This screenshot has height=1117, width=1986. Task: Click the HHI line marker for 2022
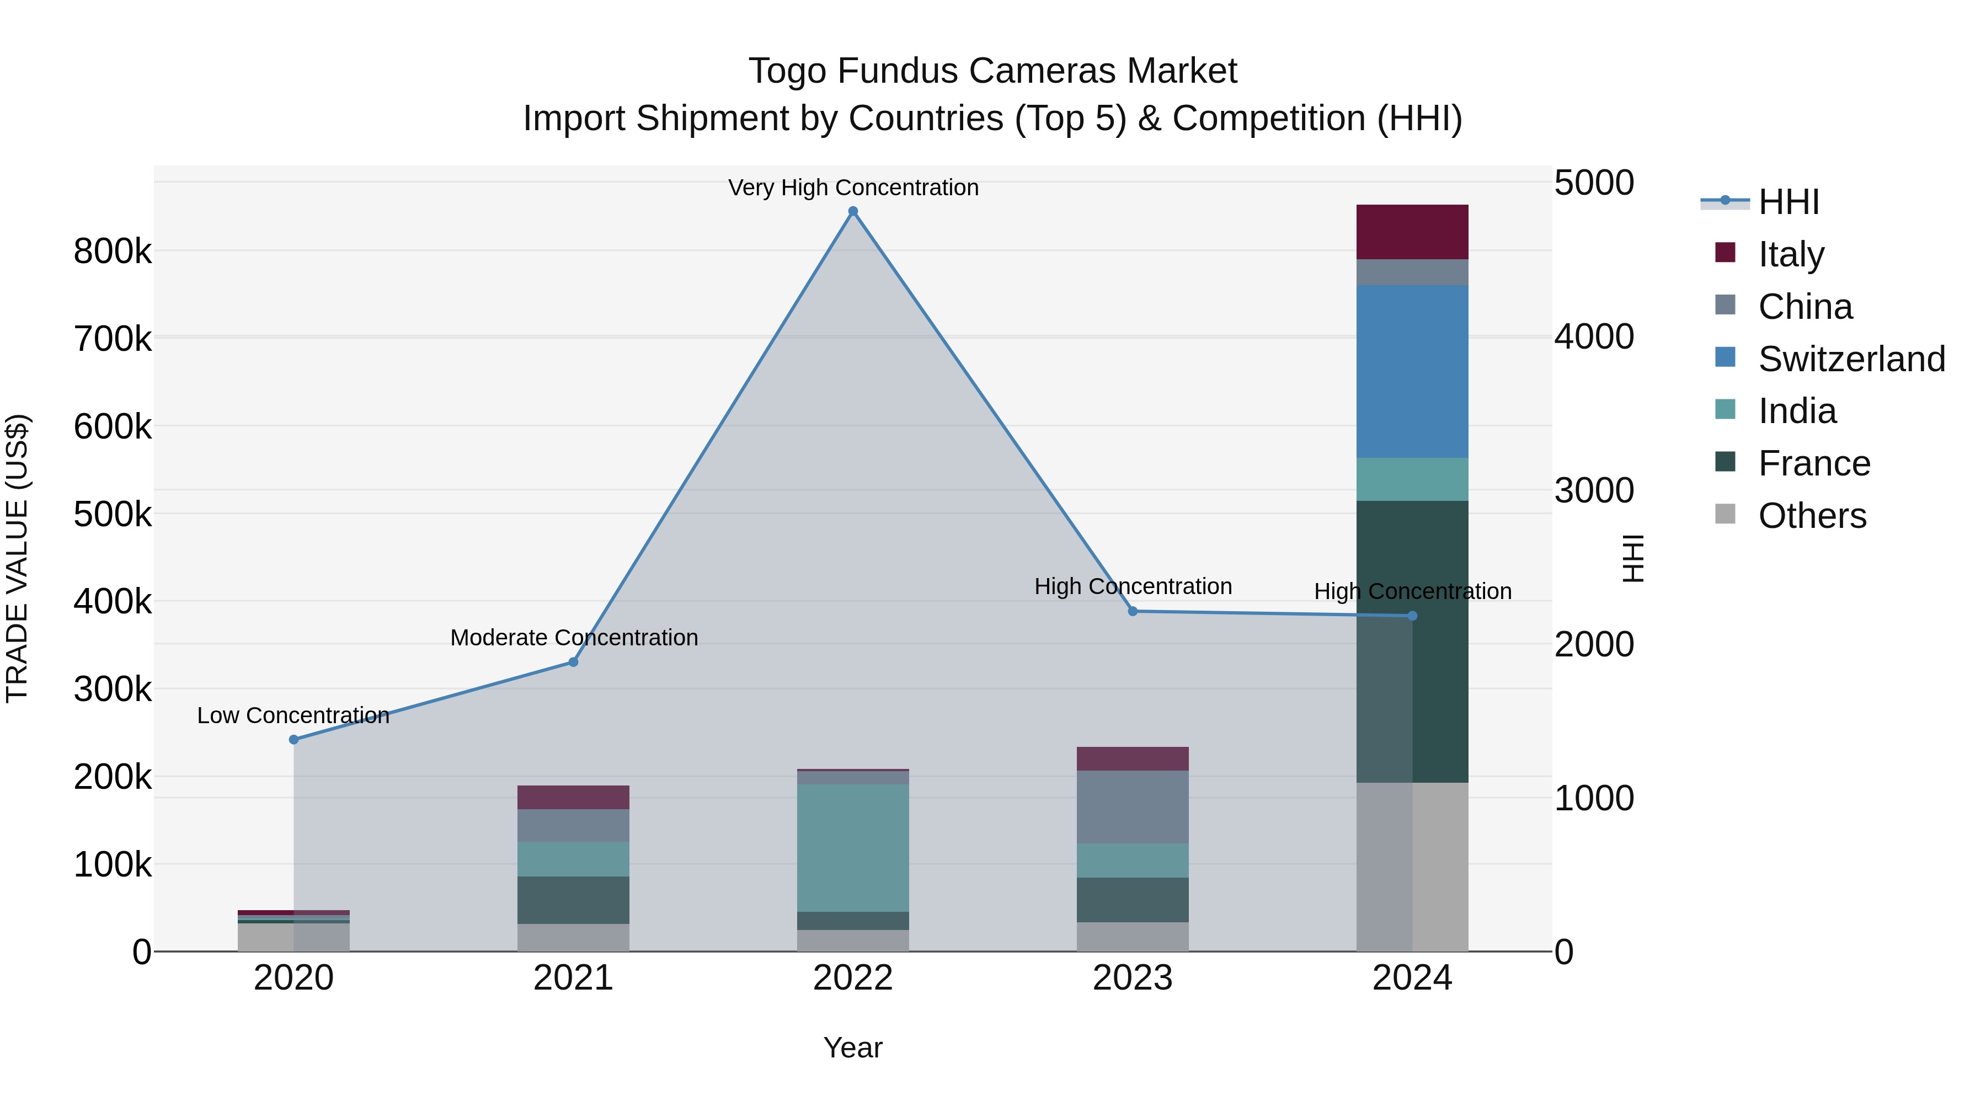point(853,211)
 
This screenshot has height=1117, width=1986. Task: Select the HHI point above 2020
point(293,739)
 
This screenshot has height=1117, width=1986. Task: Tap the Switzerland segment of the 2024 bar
point(1412,372)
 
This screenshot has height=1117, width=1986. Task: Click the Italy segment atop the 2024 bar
point(1412,232)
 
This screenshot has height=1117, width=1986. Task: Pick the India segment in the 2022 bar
point(853,848)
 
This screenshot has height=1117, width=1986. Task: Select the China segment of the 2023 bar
point(1133,806)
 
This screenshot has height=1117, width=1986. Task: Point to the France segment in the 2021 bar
point(573,900)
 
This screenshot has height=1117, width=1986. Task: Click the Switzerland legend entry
point(1850,359)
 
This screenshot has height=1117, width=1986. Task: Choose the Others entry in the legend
point(1812,516)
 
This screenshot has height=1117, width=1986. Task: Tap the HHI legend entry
point(1789,202)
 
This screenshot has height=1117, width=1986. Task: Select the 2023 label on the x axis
point(1133,978)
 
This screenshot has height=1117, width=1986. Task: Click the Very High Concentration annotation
point(853,188)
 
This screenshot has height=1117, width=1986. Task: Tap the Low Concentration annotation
point(293,715)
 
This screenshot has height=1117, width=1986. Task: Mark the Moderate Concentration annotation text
point(574,638)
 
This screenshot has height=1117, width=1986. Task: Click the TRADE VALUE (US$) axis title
point(17,558)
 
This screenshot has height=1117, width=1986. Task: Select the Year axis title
point(853,1047)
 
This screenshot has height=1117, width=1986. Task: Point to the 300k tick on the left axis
point(113,689)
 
